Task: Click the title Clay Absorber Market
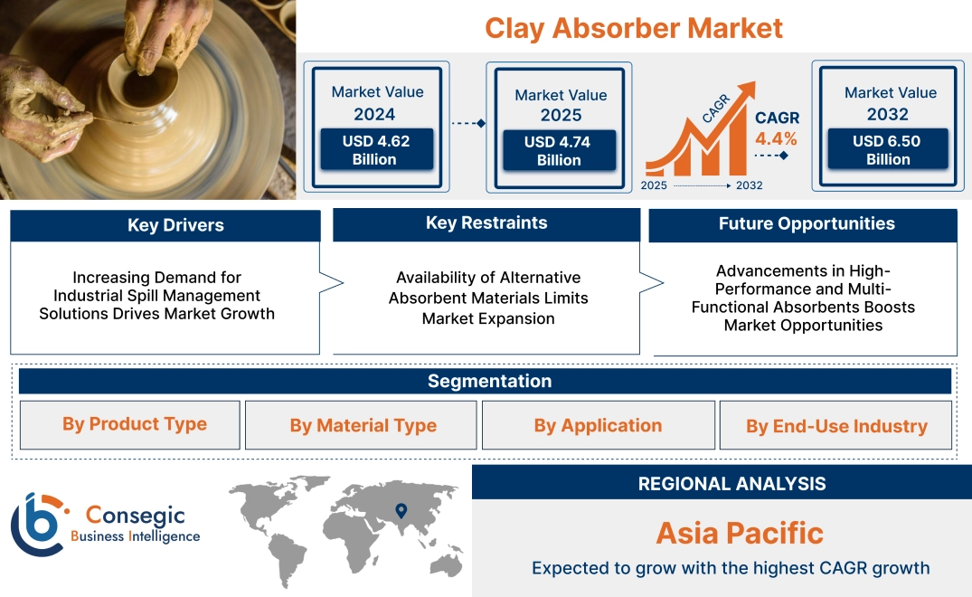click(633, 27)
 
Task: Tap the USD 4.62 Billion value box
click(375, 149)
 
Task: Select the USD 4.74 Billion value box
click(558, 150)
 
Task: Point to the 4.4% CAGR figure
click(776, 138)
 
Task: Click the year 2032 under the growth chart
click(749, 185)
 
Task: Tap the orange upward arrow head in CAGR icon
click(746, 91)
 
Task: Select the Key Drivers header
click(175, 225)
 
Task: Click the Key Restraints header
click(486, 223)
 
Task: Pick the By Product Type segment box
click(134, 424)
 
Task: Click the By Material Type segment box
click(363, 425)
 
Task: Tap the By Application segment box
click(598, 425)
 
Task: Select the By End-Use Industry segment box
click(836, 426)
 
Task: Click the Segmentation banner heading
click(489, 381)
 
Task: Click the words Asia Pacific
click(739, 532)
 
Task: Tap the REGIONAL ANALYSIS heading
click(731, 483)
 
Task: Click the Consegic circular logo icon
click(38, 526)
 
